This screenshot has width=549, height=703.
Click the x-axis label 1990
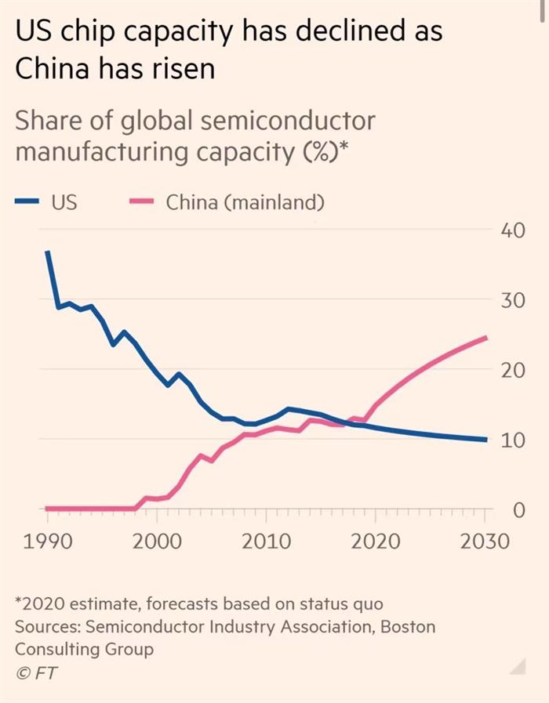[x=46, y=542]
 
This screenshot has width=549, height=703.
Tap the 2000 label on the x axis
[x=157, y=542]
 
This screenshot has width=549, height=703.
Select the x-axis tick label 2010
[x=267, y=542]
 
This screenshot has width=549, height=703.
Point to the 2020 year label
[x=376, y=542]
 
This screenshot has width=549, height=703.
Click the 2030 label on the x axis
[x=484, y=542]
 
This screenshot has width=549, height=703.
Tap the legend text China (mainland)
[x=245, y=201]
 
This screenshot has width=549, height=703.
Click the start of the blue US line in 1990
[x=47, y=252]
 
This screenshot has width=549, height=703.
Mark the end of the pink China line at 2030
[x=486, y=338]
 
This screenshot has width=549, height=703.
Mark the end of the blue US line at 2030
[x=486, y=440]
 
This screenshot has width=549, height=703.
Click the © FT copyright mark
[x=36, y=672]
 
